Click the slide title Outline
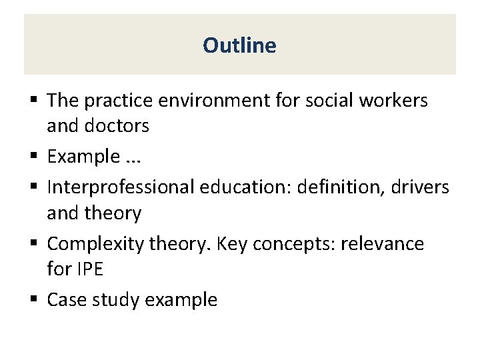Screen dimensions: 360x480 click(x=239, y=45)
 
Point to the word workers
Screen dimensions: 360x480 click(x=395, y=101)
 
